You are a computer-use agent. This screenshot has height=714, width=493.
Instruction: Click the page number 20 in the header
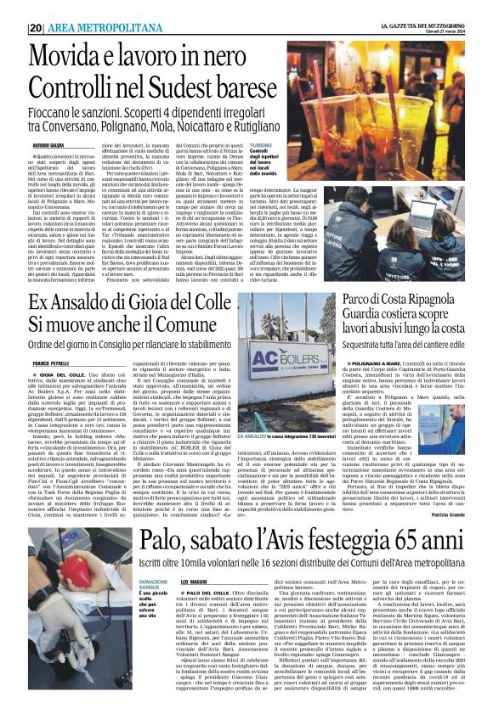tap(36, 28)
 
